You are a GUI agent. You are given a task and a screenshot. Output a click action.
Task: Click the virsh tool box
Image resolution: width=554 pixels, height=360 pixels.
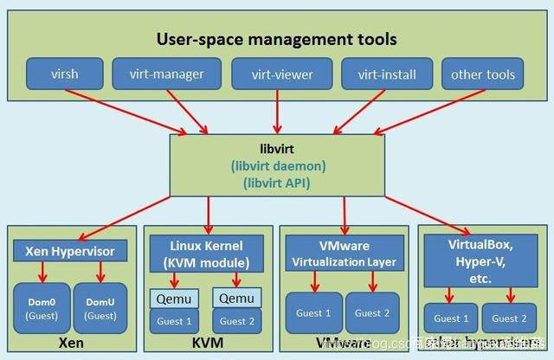click(x=64, y=74)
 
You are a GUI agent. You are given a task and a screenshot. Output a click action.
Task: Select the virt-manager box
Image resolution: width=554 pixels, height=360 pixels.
click(x=165, y=74)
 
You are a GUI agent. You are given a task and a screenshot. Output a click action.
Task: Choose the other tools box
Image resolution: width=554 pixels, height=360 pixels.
click(x=482, y=74)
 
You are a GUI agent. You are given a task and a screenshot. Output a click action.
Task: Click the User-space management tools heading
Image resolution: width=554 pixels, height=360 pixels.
click(x=276, y=38)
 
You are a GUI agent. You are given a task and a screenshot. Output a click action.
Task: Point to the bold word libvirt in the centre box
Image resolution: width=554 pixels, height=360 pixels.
click(x=277, y=148)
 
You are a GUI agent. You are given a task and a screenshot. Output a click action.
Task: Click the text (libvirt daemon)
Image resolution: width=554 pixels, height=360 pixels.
click(x=277, y=164)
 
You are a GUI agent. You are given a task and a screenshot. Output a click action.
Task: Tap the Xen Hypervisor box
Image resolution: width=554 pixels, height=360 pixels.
click(x=70, y=252)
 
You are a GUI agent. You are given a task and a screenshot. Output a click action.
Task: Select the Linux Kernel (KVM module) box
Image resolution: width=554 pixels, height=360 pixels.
click(x=207, y=254)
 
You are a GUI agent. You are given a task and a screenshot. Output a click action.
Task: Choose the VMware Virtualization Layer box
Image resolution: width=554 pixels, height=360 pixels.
click(x=344, y=254)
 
